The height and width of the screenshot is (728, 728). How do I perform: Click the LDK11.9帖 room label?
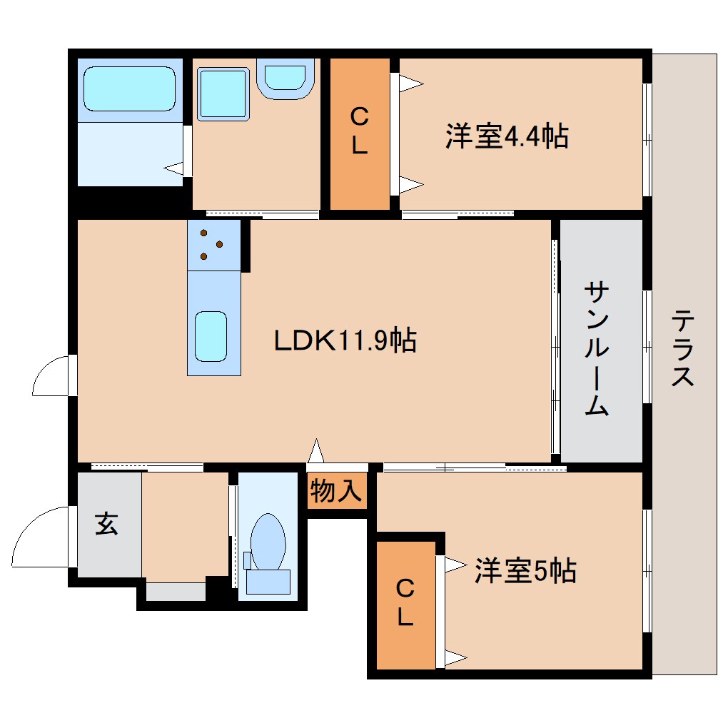(345, 341)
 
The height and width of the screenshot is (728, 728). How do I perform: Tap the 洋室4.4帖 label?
(507, 136)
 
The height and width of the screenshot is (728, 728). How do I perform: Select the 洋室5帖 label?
(525, 571)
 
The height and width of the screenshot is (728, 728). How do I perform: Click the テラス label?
(683, 348)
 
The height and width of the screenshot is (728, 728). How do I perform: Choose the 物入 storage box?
(337, 491)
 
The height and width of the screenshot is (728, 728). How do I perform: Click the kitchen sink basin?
(211, 338)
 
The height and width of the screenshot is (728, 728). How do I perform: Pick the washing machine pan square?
(223, 93)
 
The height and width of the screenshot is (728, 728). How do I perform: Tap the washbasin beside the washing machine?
(285, 77)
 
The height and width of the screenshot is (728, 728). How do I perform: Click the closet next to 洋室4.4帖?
(359, 133)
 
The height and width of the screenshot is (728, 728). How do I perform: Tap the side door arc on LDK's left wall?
(51, 375)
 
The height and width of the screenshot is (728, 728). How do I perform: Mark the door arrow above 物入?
(315, 452)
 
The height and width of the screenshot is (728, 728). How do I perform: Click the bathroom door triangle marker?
(173, 168)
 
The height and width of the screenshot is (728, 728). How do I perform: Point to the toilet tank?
(268, 581)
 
